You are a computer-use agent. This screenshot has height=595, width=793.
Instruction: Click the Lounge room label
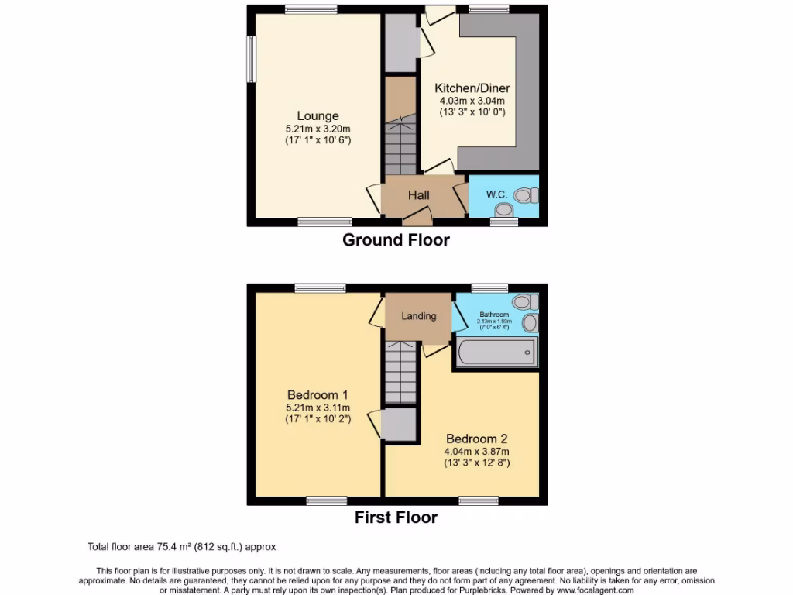tap(318, 116)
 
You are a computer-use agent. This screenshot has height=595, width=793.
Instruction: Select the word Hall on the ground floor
tap(419, 194)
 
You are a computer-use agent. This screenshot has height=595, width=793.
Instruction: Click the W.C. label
tap(496, 194)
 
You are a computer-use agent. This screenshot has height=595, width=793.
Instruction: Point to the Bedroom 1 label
tap(318, 394)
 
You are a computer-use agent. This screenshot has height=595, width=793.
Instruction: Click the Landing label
tap(418, 316)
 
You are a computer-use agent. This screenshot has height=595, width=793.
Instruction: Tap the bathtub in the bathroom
tap(496, 353)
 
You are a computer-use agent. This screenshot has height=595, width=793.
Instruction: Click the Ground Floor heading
tap(396, 240)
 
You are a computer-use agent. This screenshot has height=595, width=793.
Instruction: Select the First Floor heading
tap(396, 518)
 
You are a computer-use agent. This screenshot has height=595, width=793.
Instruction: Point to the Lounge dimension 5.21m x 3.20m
tap(318, 129)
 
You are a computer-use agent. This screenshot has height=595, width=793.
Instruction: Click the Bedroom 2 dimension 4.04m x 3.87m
tap(476, 451)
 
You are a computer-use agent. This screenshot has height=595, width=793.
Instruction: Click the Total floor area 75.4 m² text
tap(181, 547)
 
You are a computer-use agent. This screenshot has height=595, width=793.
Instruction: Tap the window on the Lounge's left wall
tap(251, 58)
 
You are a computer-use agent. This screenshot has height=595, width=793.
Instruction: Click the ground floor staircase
tap(400, 143)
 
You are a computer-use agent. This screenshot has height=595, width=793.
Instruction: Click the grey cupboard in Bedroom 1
tap(399, 425)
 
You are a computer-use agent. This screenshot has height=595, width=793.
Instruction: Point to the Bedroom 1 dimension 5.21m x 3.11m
tap(318, 408)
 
